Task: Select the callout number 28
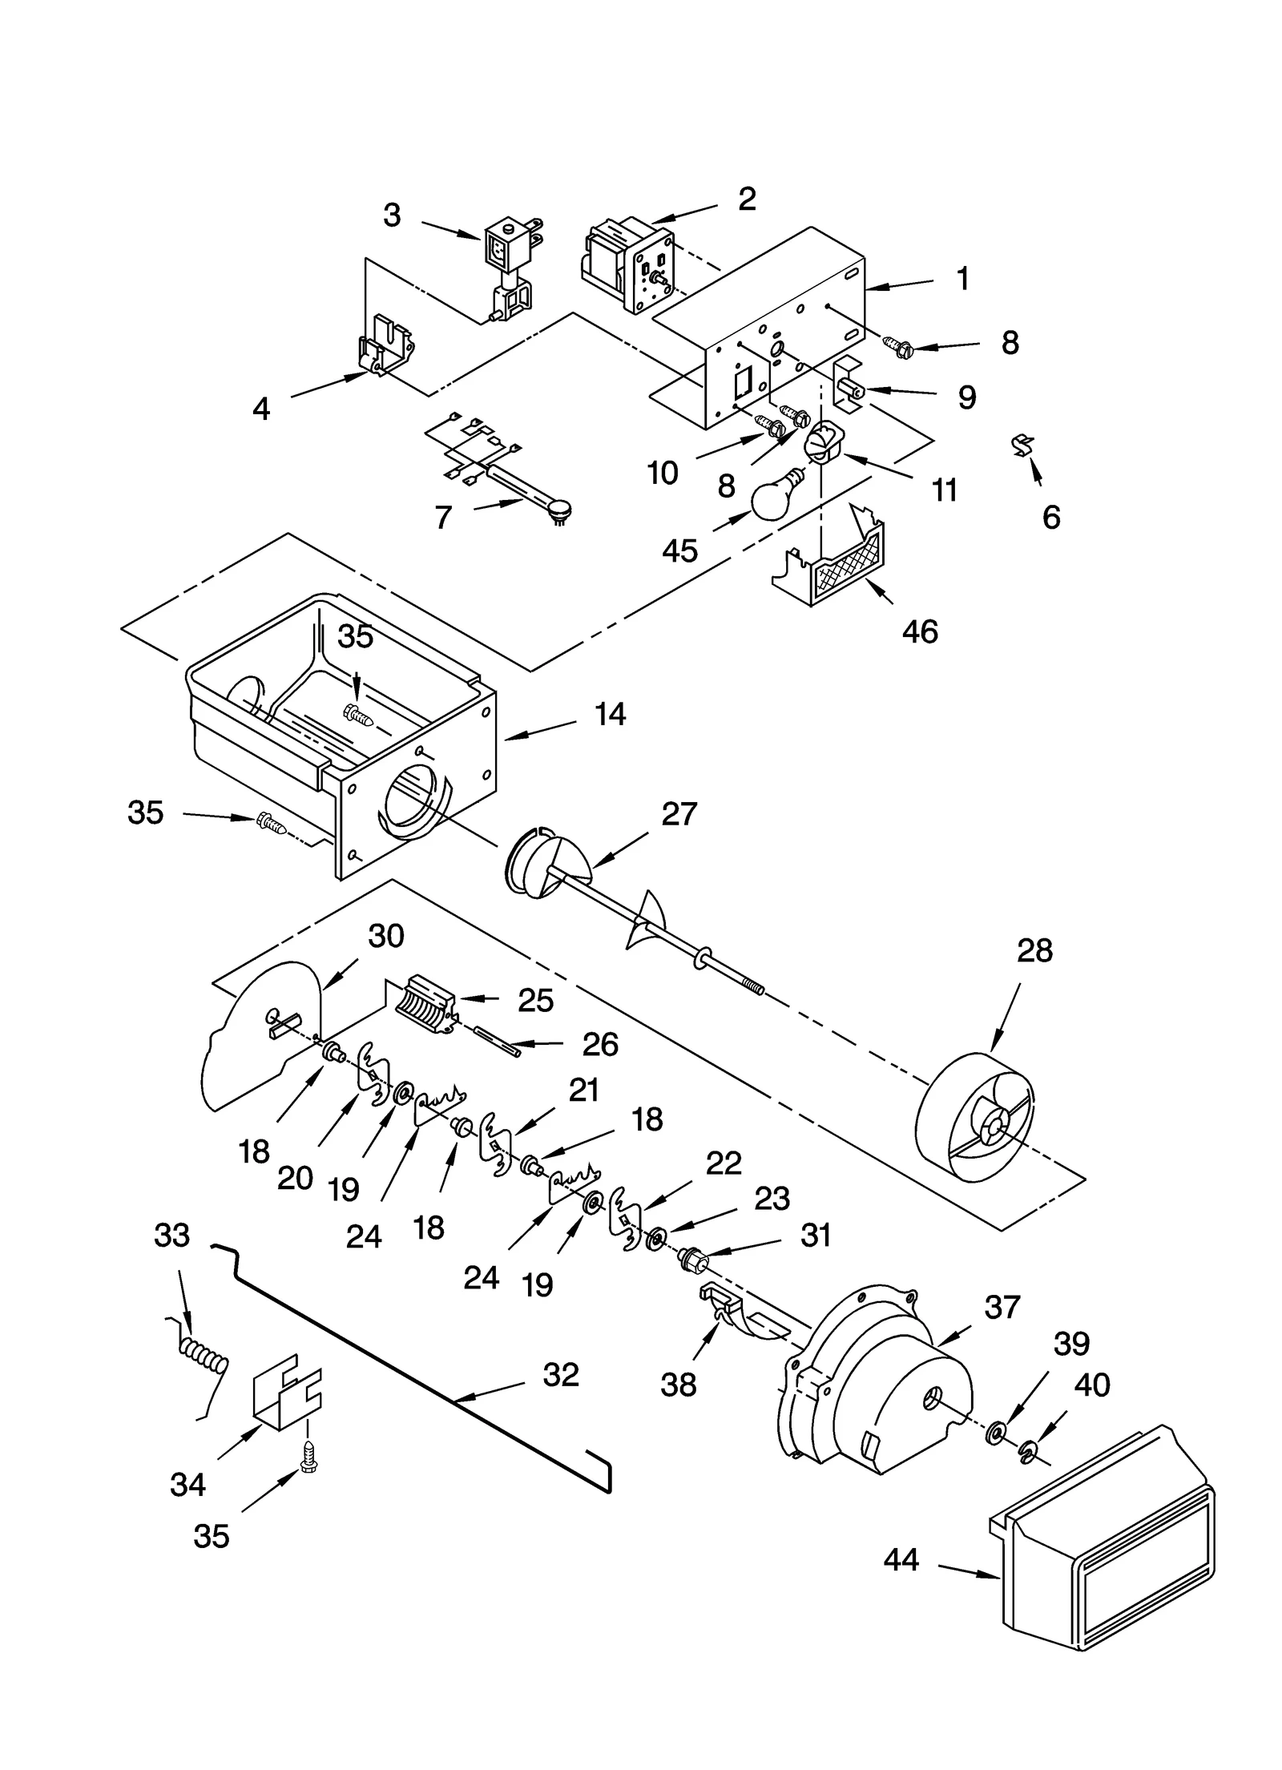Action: (x=1034, y=951)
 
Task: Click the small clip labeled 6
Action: (x=1023, y=445)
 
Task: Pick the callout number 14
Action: (x=611, y=714)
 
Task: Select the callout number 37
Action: (x=1002, y=1307)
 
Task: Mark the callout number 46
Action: (x=919, y=631)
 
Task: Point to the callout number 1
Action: (x=963, y=279)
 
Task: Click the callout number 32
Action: (x=560, y=1374)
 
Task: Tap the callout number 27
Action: (x=679, y=814)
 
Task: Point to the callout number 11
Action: (x=944, y=490)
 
